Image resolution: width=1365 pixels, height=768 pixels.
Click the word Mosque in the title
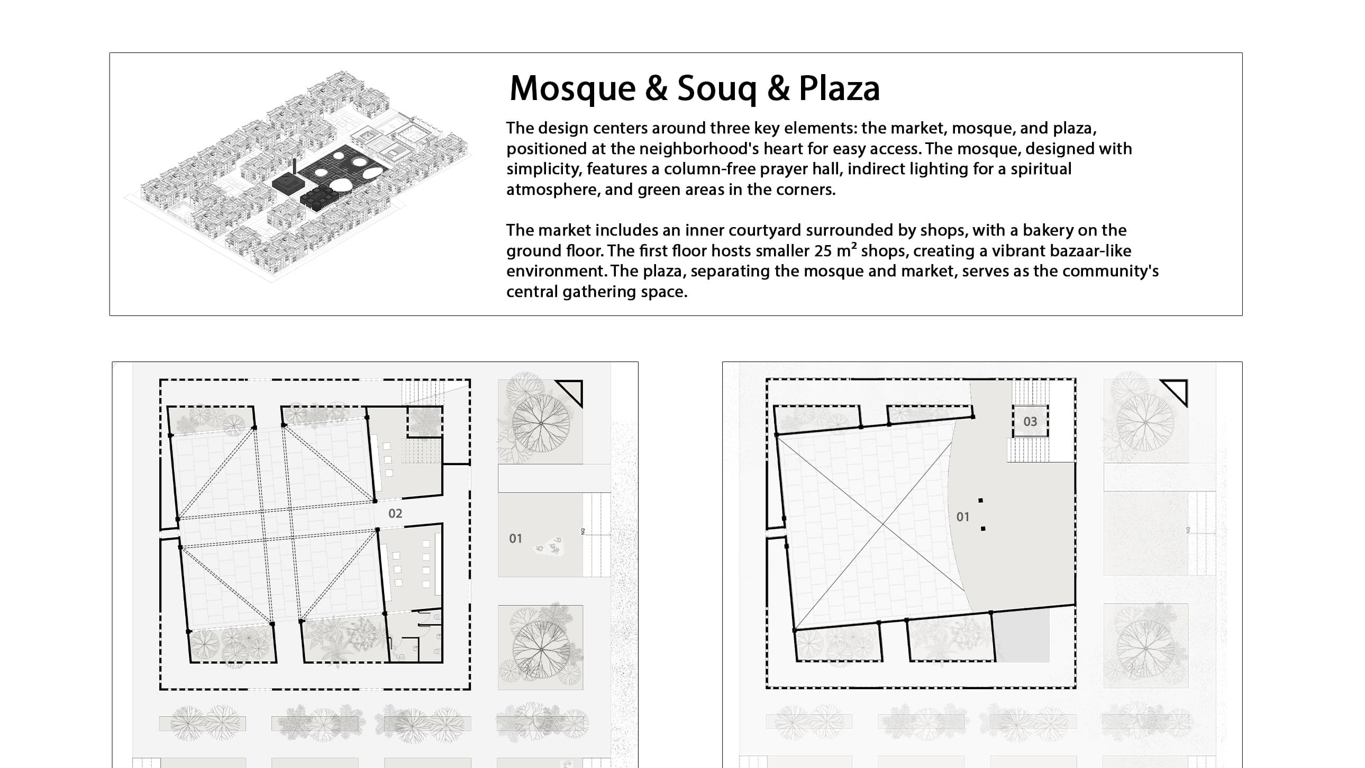[572, 88]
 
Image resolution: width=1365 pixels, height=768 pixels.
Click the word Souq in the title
[716, 88]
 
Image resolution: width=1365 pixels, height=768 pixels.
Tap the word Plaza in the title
[839, 88]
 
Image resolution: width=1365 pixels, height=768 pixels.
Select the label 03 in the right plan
[1030, 421]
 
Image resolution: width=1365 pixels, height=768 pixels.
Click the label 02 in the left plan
[395, 513]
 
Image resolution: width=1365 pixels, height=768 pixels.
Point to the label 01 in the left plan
[515, 538]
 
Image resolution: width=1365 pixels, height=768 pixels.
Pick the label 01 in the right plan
[962, 517]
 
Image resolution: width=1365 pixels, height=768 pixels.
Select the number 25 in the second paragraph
[823, 251]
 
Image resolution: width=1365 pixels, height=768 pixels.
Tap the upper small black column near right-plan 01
[980, 500]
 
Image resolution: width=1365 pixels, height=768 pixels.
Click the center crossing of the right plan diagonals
[883, 523]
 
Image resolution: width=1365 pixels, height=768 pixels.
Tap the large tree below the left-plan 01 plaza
[541, 648]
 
